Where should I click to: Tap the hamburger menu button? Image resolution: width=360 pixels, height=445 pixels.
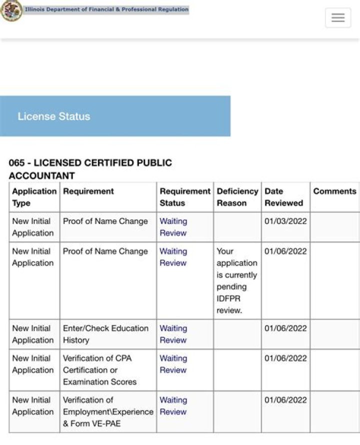click(338, 18)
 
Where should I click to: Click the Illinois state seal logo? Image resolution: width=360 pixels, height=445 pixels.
click(11, 10)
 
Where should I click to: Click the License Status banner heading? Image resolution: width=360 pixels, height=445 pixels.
click(54, 116)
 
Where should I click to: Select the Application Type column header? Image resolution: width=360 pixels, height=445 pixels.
click(34, 197)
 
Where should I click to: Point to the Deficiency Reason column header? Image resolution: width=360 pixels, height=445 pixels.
click(237, 197)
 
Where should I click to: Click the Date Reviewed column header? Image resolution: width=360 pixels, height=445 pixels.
click(283, 197)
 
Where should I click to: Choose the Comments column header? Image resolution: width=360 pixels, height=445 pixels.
click(334, 191)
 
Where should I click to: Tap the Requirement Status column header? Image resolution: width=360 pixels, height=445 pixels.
click(184, 197)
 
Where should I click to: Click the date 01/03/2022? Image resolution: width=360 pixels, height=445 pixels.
click(285, 221)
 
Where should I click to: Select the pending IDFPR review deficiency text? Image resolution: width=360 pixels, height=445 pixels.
click(236, 280)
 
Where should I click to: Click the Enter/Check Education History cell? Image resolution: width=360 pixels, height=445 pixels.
click(105, 334)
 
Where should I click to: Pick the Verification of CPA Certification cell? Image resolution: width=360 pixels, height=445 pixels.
click(99, 370)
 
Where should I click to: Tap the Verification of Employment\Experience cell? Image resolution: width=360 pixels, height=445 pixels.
click(107, 412)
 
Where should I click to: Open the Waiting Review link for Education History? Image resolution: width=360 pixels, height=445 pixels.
click(173, 334)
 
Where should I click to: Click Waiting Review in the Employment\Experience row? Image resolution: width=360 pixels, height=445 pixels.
click(173, 406)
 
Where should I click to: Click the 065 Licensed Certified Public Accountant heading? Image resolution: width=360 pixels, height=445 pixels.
click(90, 169)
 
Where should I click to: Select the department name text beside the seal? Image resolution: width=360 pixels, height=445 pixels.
click(106, 9)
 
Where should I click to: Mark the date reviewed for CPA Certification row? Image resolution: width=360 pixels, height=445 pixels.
click(285, 358)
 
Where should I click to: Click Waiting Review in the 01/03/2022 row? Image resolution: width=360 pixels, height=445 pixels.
click(173, 227)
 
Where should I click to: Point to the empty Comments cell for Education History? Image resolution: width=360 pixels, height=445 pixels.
click(334, 334)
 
